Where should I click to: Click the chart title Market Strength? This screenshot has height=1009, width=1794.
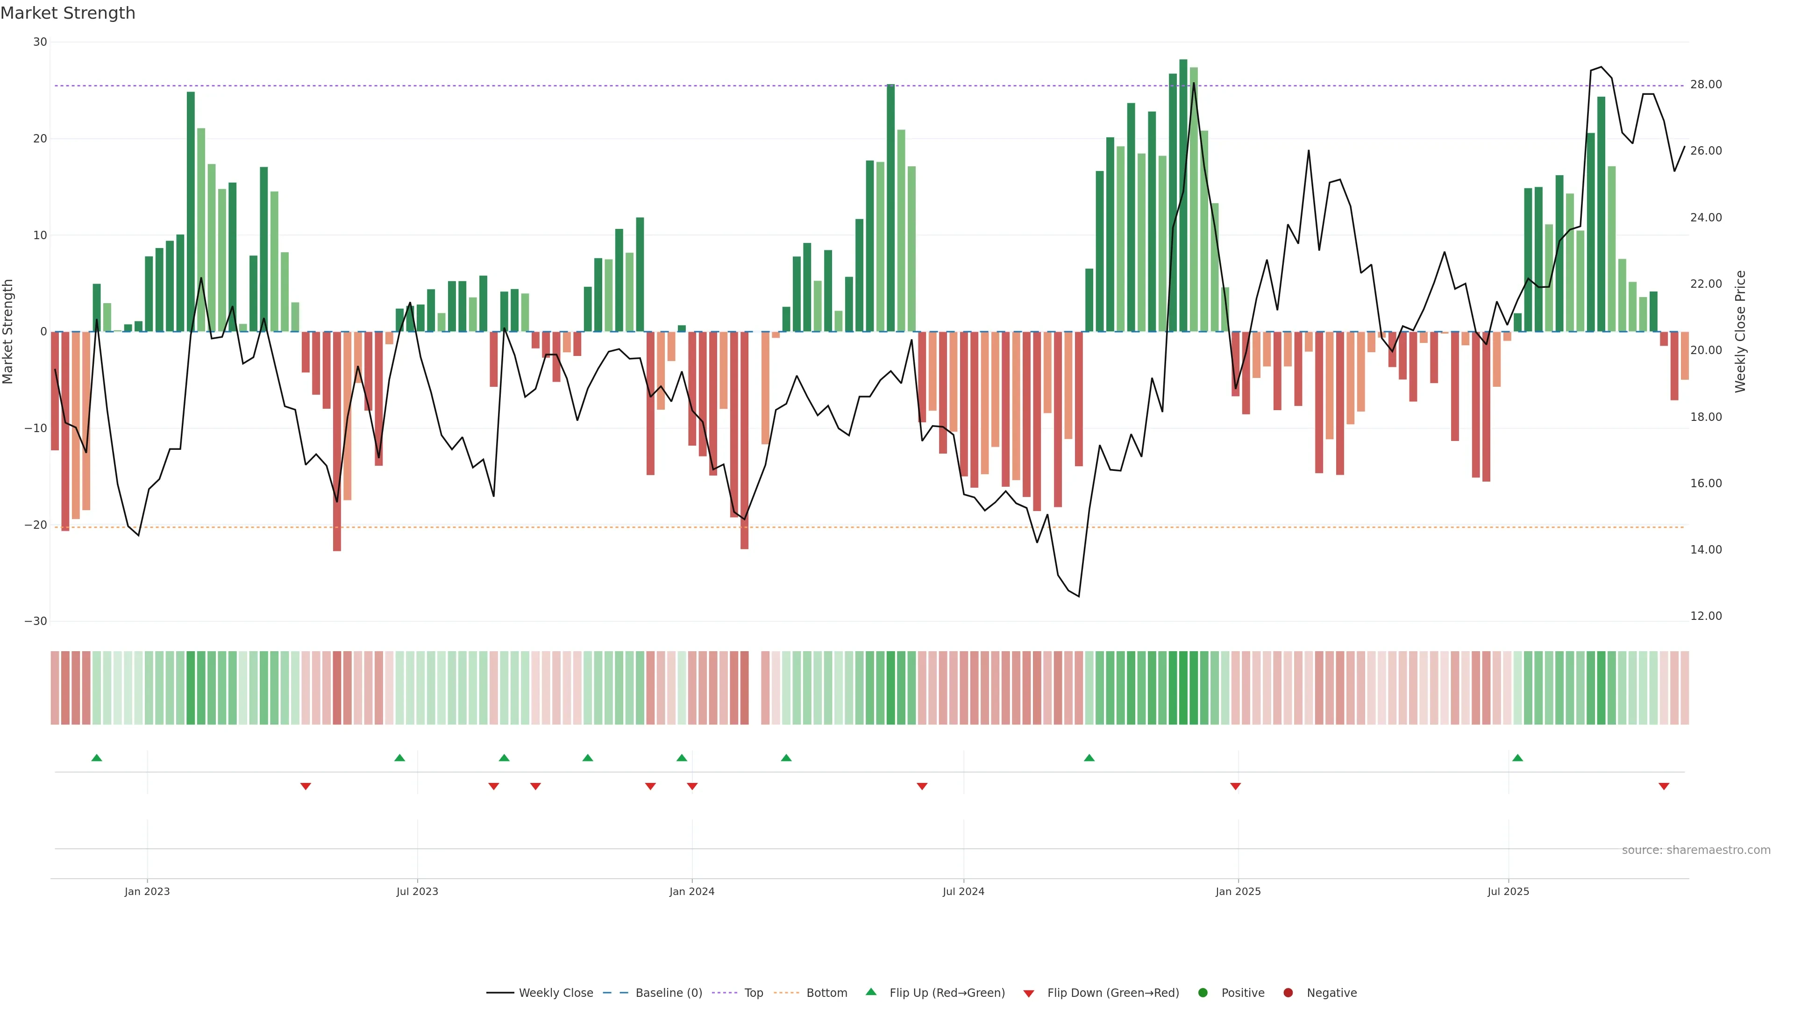[x=68, y=13]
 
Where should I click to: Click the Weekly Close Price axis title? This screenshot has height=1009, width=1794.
[x=1740, y=332]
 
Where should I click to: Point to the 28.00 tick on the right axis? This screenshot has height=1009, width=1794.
[x=1706, y=85]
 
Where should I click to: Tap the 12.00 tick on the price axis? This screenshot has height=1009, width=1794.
[x=1706, y=616]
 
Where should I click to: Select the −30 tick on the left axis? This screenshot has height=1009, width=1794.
[x=36, y=621]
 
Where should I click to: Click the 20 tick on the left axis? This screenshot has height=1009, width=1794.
[x=40, y=139]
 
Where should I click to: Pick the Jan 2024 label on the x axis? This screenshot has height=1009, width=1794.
[x=691, y=891]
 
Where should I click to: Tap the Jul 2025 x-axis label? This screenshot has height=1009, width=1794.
[x=1508, y=891]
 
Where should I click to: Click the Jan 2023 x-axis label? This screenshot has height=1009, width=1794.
[x=147, y=891]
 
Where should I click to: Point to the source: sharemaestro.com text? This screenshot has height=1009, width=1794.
[x=1696, y=850]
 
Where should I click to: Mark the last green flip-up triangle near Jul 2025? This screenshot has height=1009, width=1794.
[x=1517, y=758]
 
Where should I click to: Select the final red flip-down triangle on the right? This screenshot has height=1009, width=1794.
[x=1664, y=786]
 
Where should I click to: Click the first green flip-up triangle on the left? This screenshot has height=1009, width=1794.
[x=97, y=758]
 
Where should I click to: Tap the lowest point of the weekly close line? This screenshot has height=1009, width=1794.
[x=1079, y=596]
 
